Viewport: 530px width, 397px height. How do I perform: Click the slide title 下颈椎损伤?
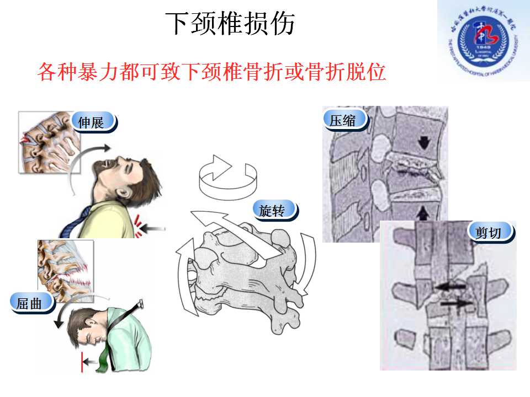(230, 24)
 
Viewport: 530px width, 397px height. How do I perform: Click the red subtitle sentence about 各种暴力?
(211, 72)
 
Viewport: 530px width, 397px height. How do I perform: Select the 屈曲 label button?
(30, 303)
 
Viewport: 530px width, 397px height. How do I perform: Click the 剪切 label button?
(490, 233)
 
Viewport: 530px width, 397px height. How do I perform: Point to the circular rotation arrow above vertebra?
(229, 176)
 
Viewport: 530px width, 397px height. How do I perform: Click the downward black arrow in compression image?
(423, 142)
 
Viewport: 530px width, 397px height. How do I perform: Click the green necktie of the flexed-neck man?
(104, 359)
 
